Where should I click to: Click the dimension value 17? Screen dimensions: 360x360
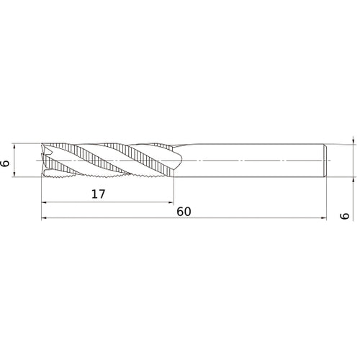pyautogui.click(x=99, y=194)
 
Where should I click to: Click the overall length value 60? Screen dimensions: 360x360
pyautogui.click(x=184, y=212)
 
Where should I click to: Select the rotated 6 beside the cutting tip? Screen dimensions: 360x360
pyautogui.click(x=5, y=163)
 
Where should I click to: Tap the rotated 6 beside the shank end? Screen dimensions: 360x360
pyautogui.click(x=345, y=216)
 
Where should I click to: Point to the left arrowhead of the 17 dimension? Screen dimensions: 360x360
pyautogui.click(x=44, y=202)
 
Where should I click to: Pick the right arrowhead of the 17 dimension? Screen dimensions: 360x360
pyautogui.click(x=171, y=202)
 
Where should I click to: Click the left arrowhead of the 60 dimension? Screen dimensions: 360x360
pyautogui.click(x=44, y=218)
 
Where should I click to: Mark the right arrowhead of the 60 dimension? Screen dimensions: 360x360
pyautogui.click(x=324, y=218)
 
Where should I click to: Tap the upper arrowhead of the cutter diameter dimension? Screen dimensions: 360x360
pyautogui.click(x=14, y=146)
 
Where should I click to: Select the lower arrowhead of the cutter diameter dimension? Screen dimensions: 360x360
pyautogui.click(x=14, y=174)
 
